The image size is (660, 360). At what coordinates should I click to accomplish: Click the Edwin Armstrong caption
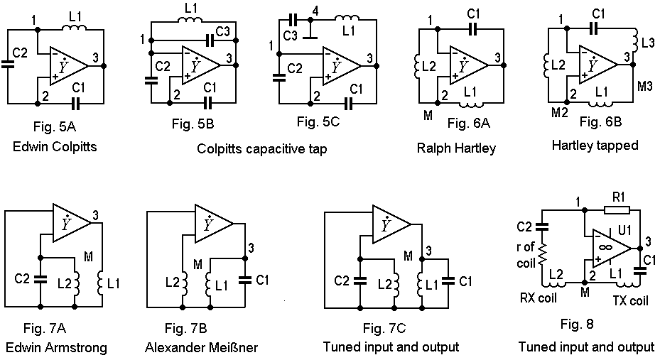coord(55,347)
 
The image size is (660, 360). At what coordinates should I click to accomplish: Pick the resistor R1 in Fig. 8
coord(612,211)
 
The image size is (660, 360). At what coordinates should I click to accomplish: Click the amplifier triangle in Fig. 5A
coord(67,65)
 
